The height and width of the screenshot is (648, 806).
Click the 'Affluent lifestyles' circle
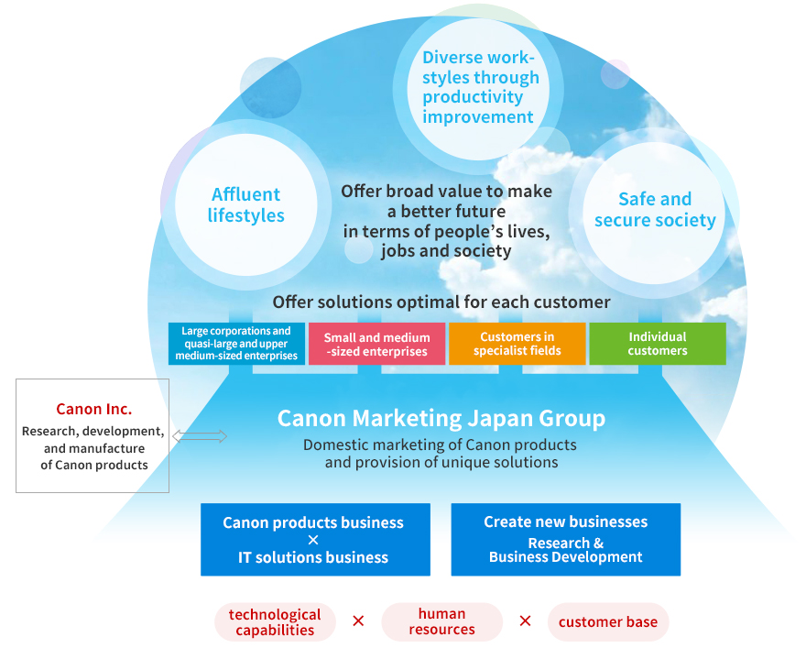coord(245,205)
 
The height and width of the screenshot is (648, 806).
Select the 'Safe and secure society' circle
coord(654,210)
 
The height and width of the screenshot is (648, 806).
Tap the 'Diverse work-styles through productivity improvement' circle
coord(479,88)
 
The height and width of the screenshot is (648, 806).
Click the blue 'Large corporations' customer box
coord(236,344)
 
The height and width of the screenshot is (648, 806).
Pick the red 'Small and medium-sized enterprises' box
coord(376,344)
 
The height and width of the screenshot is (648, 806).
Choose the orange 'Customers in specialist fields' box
coord(517,344)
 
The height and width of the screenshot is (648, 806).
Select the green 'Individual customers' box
coord(657,344)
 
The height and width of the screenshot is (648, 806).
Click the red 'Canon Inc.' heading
coord(93,409)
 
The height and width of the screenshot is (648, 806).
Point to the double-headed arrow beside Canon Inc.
coord(200,437)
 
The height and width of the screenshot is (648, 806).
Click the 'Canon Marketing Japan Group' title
coord(441,419)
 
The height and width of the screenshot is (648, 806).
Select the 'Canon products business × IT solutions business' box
coord(313,539)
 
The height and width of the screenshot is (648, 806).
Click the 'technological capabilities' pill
coord(275,621)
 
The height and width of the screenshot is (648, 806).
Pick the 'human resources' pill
coord(441,621)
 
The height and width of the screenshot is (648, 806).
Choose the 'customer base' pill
coord(608,622)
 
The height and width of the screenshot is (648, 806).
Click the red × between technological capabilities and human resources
coord(358,621)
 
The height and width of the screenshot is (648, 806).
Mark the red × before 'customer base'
coord(525,621)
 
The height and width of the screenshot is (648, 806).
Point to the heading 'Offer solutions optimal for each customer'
coord(441,302)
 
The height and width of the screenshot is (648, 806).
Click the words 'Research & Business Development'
coord(565,550)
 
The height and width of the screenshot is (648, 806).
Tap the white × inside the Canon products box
coord(313,540)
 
